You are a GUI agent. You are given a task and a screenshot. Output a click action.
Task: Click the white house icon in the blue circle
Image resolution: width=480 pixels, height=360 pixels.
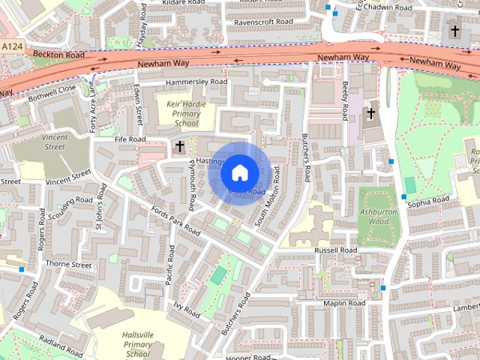(239, 172)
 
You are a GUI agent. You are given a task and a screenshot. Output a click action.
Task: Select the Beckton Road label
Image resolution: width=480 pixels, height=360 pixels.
(63, 55)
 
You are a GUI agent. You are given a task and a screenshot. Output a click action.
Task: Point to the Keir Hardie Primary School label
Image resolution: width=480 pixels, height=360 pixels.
(184, 112)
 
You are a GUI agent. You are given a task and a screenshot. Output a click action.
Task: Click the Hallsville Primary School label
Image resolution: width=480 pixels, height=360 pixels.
(137, 343)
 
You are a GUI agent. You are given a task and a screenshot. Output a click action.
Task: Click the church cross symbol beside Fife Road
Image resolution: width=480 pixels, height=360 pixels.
(180, 147)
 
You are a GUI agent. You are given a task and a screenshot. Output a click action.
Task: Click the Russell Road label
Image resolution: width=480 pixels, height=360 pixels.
(335, 250)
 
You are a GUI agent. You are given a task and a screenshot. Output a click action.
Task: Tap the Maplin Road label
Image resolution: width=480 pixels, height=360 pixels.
(343, 303)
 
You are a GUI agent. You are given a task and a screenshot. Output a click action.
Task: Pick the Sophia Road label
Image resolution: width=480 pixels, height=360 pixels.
(428, 201)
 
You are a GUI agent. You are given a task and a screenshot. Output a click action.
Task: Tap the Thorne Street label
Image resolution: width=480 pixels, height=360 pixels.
(68, 265)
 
